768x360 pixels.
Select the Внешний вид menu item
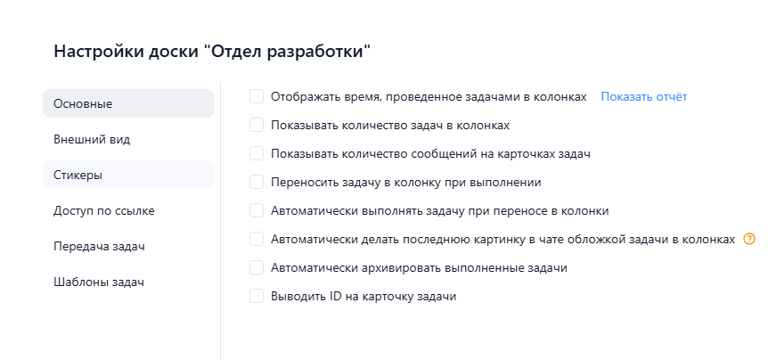pyautogui.click(x=92, y=139)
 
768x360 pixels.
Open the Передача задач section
pyautogui.click(x=99, y=246)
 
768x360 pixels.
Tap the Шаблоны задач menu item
pyautogui.click(x=99, y=282)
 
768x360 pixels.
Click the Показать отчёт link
pyautogui.click(x=643, y=96)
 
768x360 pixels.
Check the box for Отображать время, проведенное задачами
pyautogui.click(x=257, y=96)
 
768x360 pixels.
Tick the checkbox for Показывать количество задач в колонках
pyautogui.click(x=257, y=125)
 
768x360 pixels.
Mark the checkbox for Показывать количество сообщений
pyautogui.click(x=257, y=153)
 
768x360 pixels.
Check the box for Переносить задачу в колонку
pyautogui.click(x=257, y=182)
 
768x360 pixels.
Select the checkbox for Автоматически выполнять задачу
pyautogui.click(x=257, y=210)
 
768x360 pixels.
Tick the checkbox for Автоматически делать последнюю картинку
pyautogui.click(x=257, y=239)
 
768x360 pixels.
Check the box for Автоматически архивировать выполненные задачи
pyautogui.click(x=257, y=267)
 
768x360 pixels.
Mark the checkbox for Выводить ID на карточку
pyautogui.click(x=257, y=296)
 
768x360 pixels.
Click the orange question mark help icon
pyautogui.click(x=748, y=239)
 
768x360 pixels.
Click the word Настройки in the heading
pyautogui.click(x=92, y=51)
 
